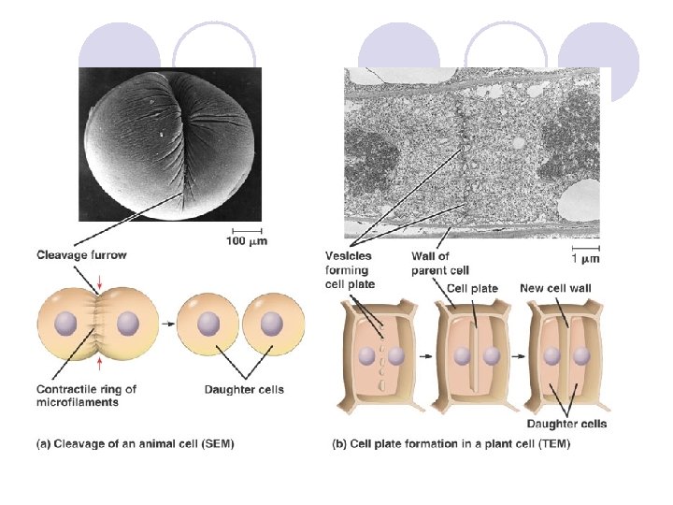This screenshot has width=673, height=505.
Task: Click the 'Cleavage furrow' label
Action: coord(81,254)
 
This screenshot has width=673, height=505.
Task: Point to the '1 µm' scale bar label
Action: coord(584,257)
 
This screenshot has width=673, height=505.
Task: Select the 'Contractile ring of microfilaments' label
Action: coord(86,396)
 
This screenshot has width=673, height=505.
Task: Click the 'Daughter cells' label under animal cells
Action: coord(244,389)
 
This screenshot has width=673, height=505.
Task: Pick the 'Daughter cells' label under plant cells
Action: coord(566,424)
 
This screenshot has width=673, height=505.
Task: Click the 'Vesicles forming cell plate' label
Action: coord(349,269)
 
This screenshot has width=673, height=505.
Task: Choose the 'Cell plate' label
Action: coord(472,289)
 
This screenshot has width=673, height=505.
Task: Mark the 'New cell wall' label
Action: coord(555,289)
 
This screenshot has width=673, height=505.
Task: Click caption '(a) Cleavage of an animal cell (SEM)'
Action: coord(135,443)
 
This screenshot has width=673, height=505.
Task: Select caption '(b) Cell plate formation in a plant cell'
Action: coord(451,443)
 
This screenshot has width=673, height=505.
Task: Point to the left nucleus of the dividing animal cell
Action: coord(65,324)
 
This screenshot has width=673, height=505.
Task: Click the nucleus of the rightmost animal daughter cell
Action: coord(272,324)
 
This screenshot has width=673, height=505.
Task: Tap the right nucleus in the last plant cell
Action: coord(581,356)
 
